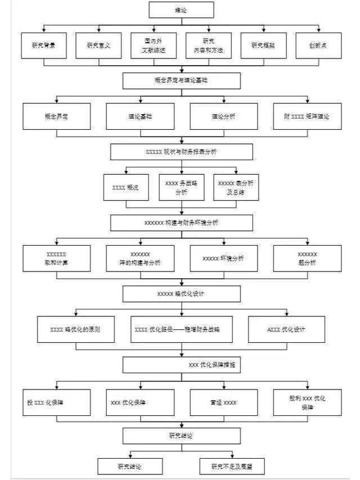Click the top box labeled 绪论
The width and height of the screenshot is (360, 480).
pos(181,10)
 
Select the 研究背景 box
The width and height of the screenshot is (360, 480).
pos(43,46)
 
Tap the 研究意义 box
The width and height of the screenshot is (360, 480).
pos(98,46)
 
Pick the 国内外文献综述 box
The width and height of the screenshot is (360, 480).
pos(154,46)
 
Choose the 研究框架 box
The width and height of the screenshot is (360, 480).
pos(264,46)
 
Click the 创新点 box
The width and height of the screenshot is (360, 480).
pos(318,46)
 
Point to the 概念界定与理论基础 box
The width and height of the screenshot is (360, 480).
pos(181,81)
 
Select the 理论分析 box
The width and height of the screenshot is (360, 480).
pos(223,116)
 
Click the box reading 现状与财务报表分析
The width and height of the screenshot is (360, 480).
pos(181,152)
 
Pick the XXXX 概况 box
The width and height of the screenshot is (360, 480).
pos(126,187)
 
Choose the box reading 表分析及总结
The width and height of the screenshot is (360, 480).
pos(236,187)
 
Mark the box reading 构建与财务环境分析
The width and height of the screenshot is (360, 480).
pos(181,223)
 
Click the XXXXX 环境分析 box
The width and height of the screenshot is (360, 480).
pos(223,259)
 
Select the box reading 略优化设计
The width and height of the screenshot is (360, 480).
pos(181,293)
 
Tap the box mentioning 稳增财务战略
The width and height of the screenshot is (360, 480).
pos(181,329)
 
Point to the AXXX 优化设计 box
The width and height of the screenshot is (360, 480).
pos(287,329)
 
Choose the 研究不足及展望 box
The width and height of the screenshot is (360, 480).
pos(232,466)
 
